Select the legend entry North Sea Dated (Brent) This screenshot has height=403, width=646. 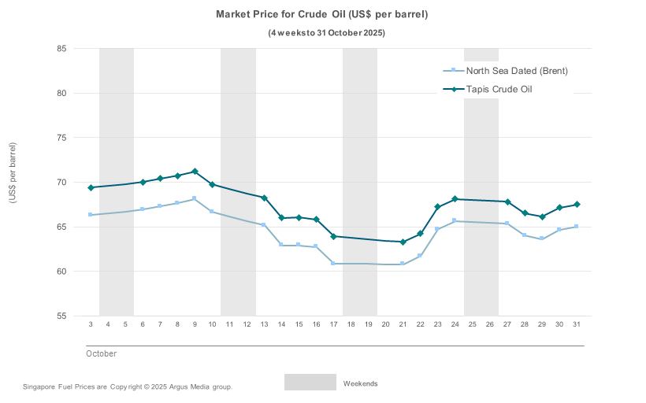tap(517, 71)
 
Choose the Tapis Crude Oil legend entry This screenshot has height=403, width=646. tap(499, 89)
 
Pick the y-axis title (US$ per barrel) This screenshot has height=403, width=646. tap(13, 173)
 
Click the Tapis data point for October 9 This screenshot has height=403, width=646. tap(195, 172)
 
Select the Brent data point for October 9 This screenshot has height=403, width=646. tap(195, 198)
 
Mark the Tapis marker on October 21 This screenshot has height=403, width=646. tap(403, 242)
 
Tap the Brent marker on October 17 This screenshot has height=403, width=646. tap(333, 264)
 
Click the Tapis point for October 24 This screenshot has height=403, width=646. tap(455, 199)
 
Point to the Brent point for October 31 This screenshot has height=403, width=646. tap(576, 227)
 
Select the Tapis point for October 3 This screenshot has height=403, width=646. tap(91, 187)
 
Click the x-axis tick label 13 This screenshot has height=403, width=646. tap(264, 325)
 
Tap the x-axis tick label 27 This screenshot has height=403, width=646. tap(507, 325)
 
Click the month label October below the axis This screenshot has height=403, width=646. tap(101, 354)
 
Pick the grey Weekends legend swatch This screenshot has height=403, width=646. tap(310, 383)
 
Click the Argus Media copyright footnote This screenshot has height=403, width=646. tap(128, 387)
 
